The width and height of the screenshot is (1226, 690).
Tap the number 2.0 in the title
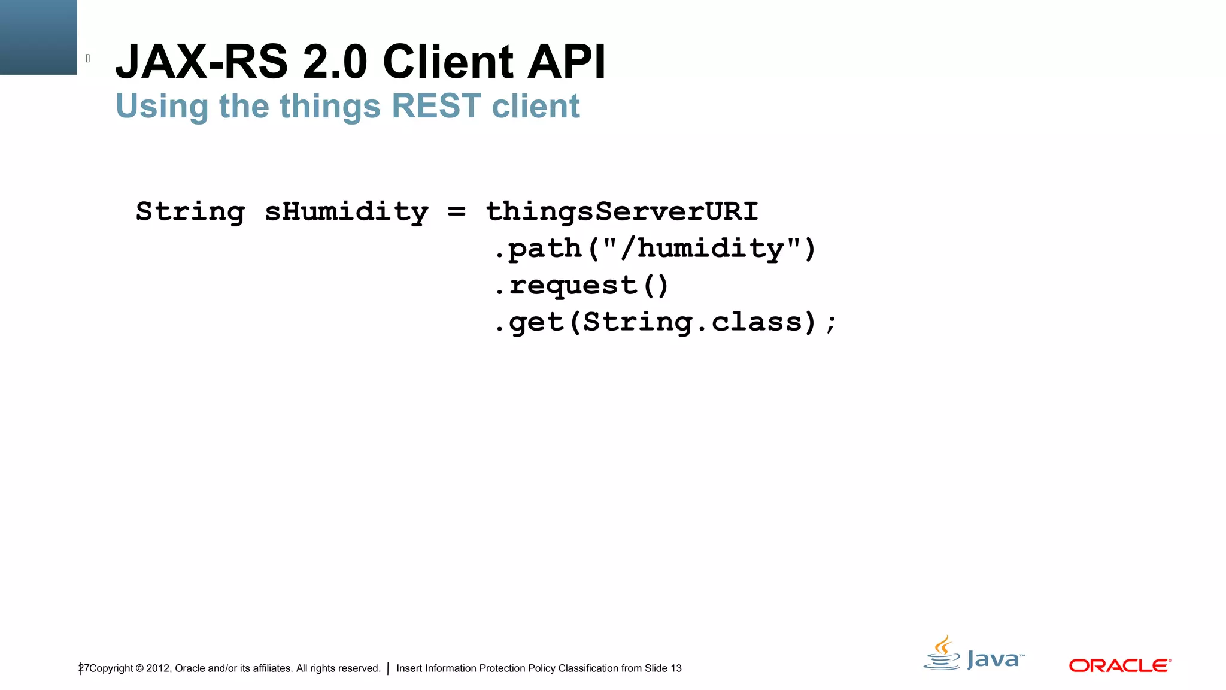334,62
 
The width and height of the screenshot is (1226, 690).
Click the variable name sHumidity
346,212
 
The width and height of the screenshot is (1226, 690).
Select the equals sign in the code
457,211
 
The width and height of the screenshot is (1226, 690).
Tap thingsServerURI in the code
621,211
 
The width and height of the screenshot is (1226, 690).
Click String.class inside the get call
692,322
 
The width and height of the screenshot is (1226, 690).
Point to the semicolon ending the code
831,324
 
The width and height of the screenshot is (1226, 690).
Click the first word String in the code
190,212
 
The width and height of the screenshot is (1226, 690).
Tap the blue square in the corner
38,37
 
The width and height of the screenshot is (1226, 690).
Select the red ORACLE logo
1119,665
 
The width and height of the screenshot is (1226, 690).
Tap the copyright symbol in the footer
139,668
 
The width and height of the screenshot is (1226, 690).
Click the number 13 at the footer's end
676,668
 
